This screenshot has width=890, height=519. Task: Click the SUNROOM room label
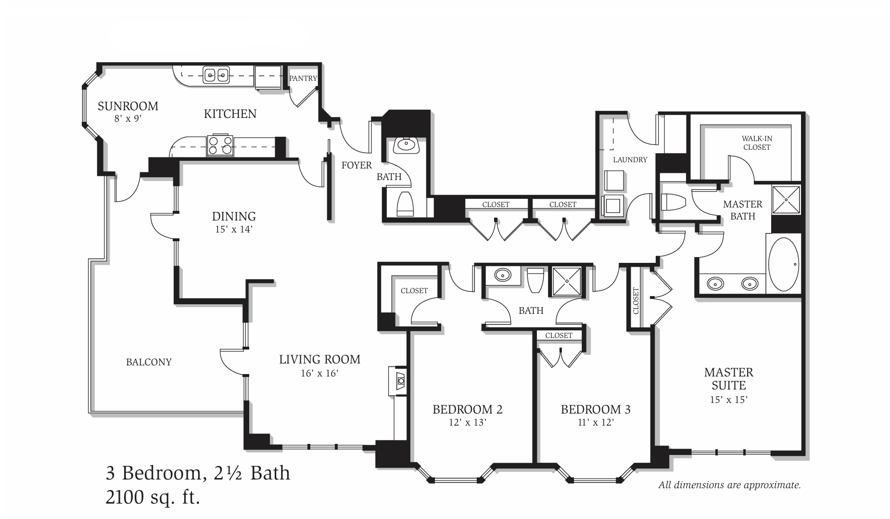pos(127,106)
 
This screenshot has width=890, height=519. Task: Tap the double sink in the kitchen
pos(216,75)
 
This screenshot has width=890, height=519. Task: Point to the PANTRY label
pos(303,78)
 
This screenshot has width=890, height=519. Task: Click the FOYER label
pos(356,165)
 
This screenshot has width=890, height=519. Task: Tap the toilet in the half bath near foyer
pos(405,204)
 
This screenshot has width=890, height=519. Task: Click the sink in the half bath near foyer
pos(407,144)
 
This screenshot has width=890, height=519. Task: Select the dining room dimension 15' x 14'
pos(234,230)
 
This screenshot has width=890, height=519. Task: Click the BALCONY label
pos(149,362)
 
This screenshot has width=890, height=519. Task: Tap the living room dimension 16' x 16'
pos(320,373)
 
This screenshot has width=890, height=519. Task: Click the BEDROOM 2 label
pos(468,409)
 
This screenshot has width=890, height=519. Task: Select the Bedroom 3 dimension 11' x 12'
pos(596,423)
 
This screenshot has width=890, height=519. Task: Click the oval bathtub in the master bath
pos(784,264)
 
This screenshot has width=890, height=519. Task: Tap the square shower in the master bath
pos(786,199)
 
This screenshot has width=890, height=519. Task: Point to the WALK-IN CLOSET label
pos(757,143)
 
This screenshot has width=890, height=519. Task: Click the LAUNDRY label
pos(630,159)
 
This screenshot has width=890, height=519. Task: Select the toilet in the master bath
pos(674,202)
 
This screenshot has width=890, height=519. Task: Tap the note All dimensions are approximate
pos(729,485)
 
